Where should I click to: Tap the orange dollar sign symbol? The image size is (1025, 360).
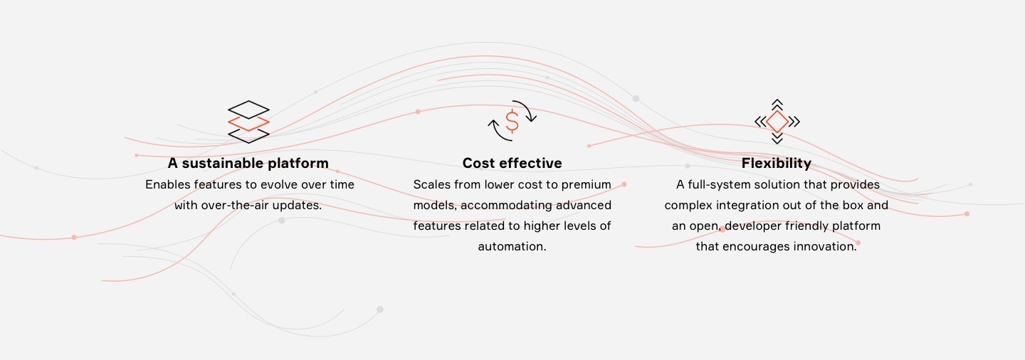tap(512, 122)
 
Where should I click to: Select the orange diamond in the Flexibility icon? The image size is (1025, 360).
tap(777, 122)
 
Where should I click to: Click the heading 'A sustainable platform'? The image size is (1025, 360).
tap(248, 163)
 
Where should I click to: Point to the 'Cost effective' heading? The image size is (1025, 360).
tap(512, 163)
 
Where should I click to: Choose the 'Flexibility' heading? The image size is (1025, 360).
tap(777, 163)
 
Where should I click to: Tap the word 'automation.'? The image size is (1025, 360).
tap(512, 246)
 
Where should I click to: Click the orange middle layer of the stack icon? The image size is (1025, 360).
tap(248, 123)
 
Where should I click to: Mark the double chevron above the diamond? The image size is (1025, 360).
tap(777, 105)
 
